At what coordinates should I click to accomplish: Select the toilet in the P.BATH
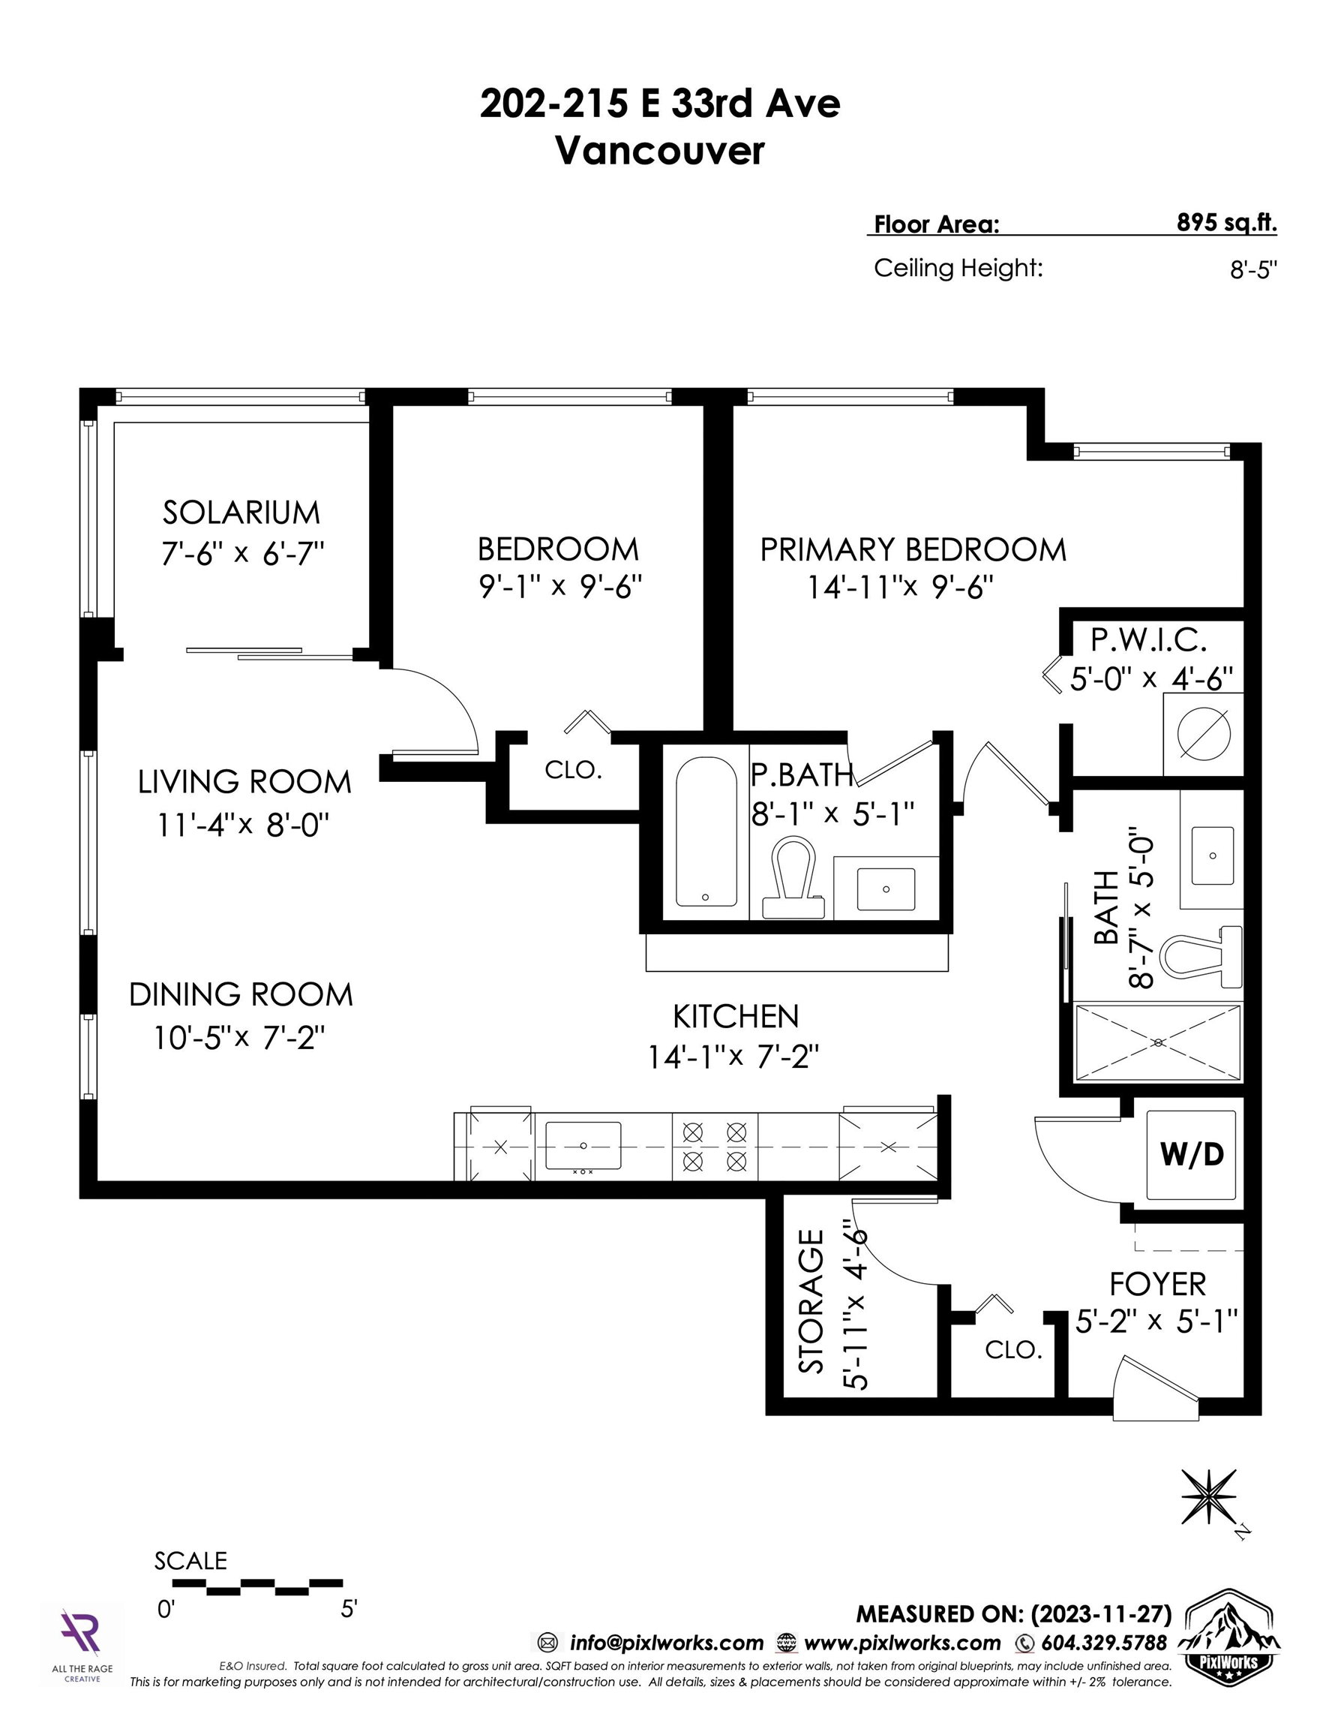click(792, 877)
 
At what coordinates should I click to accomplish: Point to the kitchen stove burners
click(715, 1147)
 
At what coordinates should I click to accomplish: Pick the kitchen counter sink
click(583, 1146)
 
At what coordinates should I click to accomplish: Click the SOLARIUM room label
click(241, 513)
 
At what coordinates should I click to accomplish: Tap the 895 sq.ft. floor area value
click(1226, 222)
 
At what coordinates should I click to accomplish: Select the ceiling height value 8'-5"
click(1253, 270)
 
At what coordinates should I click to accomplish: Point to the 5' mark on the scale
click(349, 1609)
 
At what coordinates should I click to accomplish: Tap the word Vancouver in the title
click(660, 150)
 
